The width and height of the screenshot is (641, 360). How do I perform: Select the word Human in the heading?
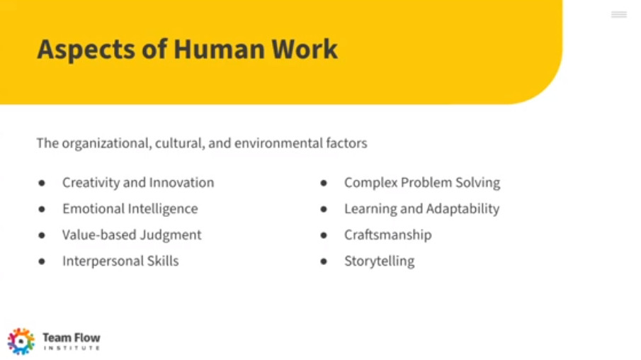219,49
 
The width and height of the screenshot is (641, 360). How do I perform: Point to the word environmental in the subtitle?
278,143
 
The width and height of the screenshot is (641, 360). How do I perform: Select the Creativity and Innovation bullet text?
138,182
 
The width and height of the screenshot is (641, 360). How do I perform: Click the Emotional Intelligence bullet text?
130,209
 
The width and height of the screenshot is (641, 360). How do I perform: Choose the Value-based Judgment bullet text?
132,235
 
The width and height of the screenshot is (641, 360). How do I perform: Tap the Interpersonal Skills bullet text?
120,261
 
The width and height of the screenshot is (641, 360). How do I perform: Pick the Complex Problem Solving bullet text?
422,183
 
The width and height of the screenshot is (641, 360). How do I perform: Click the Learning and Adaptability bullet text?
421,209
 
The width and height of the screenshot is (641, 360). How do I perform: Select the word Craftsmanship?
387,235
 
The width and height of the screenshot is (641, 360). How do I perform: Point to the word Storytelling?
380,261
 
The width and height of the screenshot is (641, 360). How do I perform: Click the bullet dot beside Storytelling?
324,261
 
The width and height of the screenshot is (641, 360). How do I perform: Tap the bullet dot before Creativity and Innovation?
42,183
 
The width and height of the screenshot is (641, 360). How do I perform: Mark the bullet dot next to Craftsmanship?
324,235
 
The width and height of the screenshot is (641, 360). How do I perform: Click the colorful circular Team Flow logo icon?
21,341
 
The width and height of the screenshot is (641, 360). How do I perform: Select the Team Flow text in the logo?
72,338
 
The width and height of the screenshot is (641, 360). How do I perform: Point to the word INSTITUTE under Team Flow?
72,348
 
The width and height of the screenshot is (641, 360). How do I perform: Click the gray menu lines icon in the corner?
619,15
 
